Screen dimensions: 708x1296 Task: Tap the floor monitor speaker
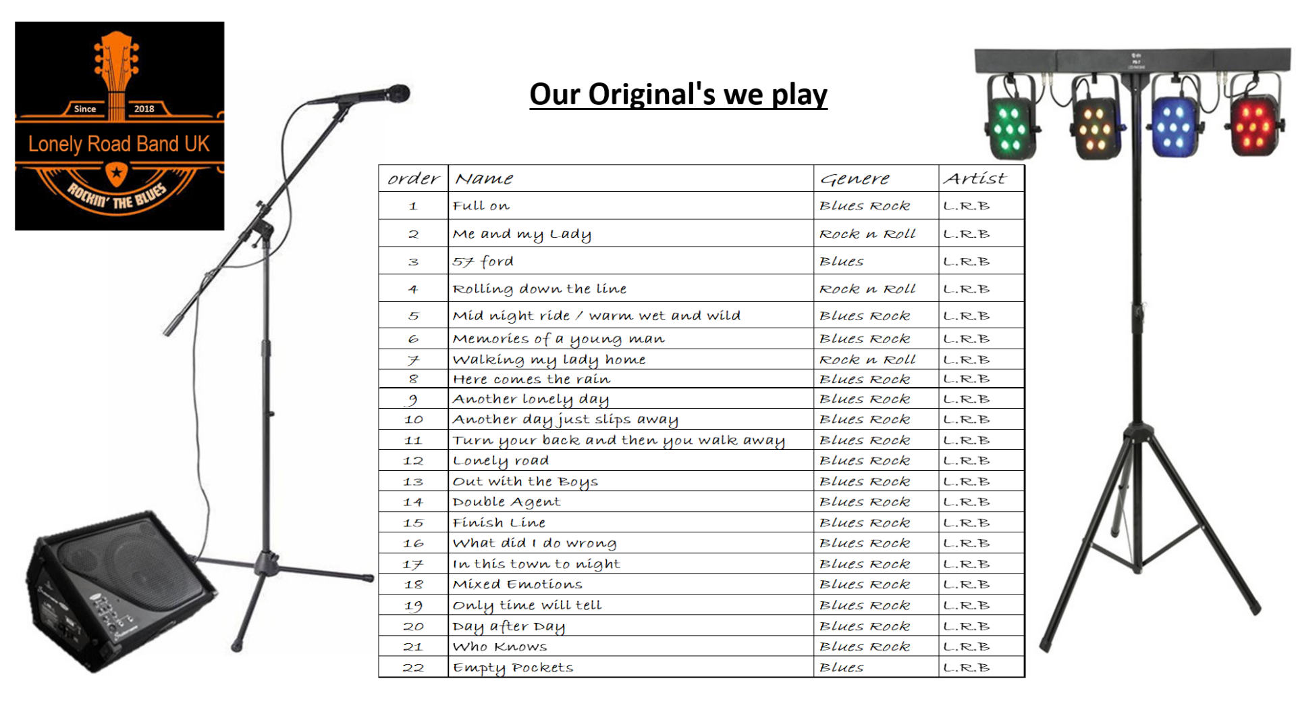(x=122, y=588)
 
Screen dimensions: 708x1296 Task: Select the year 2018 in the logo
(x=144, y=109)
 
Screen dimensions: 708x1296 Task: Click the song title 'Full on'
(x=481, y=206)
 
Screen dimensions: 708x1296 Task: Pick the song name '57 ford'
(x=483, y=261)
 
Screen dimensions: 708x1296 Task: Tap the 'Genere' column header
(x=855, y=179)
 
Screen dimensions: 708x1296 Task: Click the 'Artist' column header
(x=974, y=178)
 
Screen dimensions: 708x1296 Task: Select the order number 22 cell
(x=413, y=667)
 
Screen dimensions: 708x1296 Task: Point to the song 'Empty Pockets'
(x=512, y=667)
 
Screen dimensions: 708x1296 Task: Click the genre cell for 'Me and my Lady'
(x=867, y=234)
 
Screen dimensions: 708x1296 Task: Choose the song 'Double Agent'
(x=506, y=502)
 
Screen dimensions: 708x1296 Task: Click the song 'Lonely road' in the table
(x=500, y=461)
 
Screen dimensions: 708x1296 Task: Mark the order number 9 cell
(x=413, y=399)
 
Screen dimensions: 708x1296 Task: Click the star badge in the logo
(x=117, y=173)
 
